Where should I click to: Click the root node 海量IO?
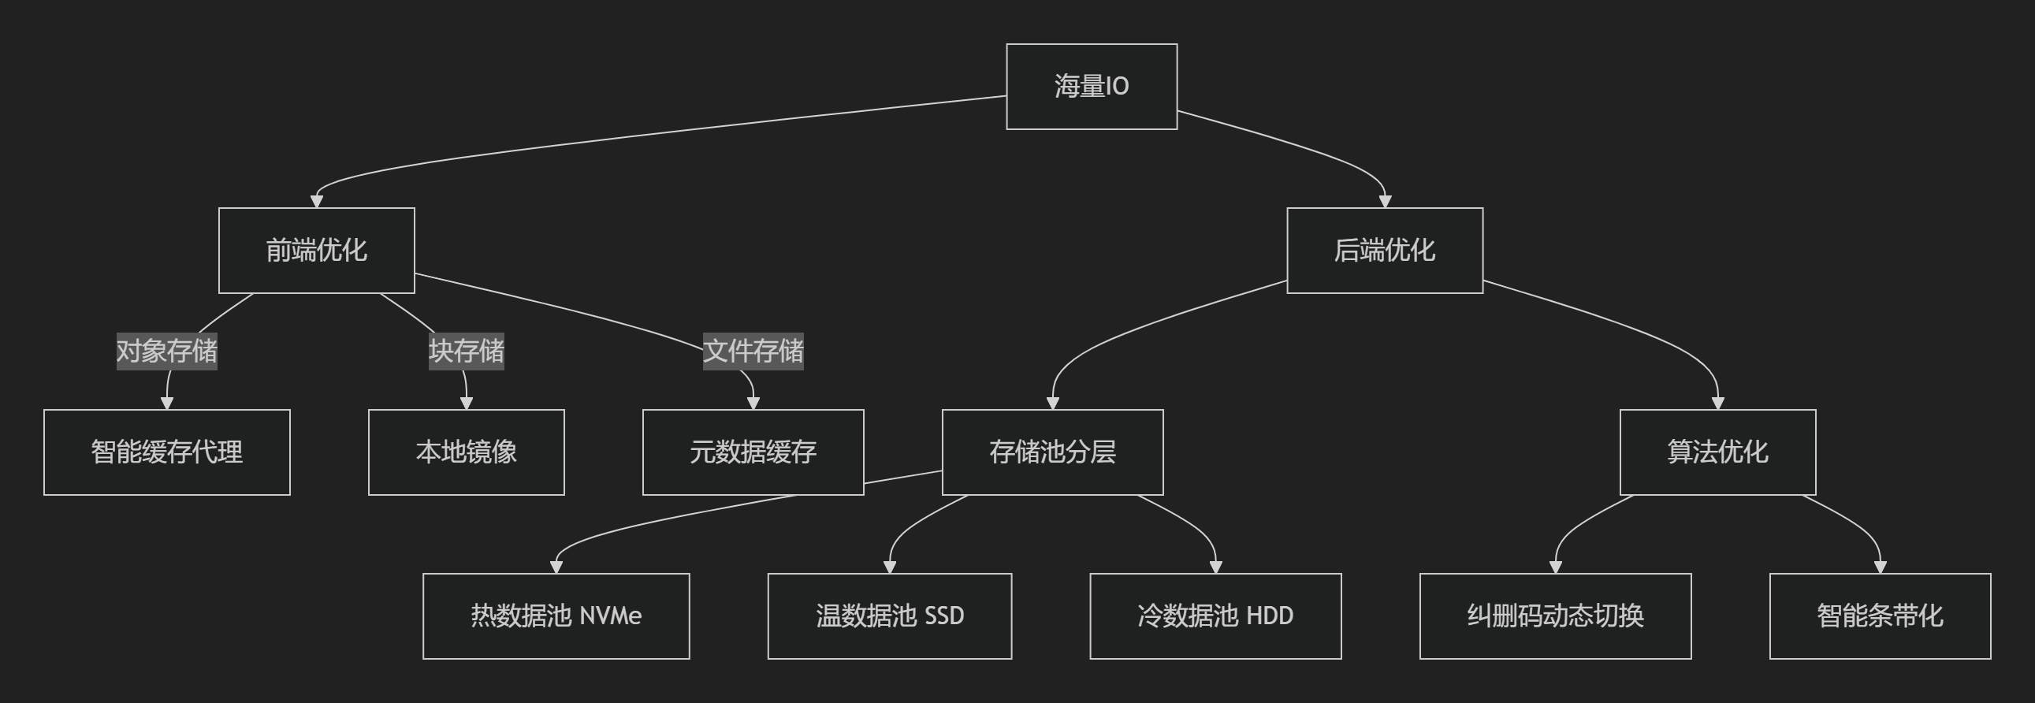tap(1091, 86)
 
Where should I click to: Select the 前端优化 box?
tap(316, 251)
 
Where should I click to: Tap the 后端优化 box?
tap(1384, 251)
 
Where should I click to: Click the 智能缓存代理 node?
tap(166, 452)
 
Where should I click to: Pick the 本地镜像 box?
tap(466, 452)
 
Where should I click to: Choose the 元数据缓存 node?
tap(753, 452)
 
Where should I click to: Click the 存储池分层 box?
tap(1052, 452)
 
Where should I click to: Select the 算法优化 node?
tap(1717, 452)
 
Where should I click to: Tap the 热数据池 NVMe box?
tap(556, 616)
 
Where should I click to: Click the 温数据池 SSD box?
tap(890, 616)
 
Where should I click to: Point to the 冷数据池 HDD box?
tap(1215, 616)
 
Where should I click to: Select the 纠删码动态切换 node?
tap(1555, 616)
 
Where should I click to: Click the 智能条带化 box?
tap(1880, 616)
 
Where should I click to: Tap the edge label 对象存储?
tap(166, 351)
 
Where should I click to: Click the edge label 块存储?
tap(466, 351)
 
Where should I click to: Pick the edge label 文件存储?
tap(753, 351)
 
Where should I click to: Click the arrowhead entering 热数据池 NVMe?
tap(556, 567)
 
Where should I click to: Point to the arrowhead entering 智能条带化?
tap(1881, 567)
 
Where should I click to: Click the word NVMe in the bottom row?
tap(610, 616)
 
